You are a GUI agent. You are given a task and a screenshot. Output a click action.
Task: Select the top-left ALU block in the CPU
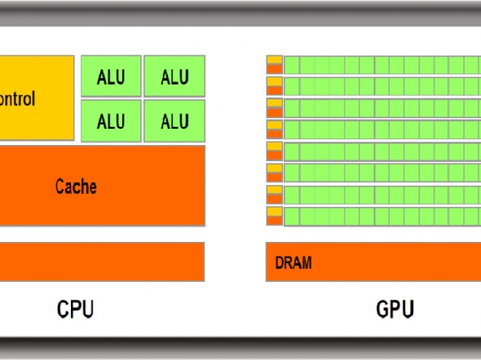(x=111, y=77)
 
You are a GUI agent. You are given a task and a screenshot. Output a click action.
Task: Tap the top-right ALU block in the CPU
(x=174, y=77)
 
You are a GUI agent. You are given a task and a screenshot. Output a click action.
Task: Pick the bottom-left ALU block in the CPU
(x=111, y=121)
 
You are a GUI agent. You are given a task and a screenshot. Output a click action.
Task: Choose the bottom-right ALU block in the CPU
(x=174, y=121)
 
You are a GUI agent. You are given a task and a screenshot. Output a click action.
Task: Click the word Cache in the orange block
(x=76, y=187)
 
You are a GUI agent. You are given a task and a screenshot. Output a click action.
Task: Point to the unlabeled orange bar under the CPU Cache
(x=98, y=261)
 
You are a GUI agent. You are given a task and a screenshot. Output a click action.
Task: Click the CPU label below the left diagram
(x=75, y=310)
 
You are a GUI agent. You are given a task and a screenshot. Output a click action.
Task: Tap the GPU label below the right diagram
(x=395, y=310)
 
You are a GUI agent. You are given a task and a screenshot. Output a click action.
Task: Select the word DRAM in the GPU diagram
(x=293, y=263)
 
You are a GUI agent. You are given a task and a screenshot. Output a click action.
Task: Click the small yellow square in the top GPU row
(x=274, y=59)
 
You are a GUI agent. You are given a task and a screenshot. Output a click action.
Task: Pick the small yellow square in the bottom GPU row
(x=274, y=211)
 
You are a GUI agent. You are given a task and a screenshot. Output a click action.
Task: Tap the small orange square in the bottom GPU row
(x=274, y=221)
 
